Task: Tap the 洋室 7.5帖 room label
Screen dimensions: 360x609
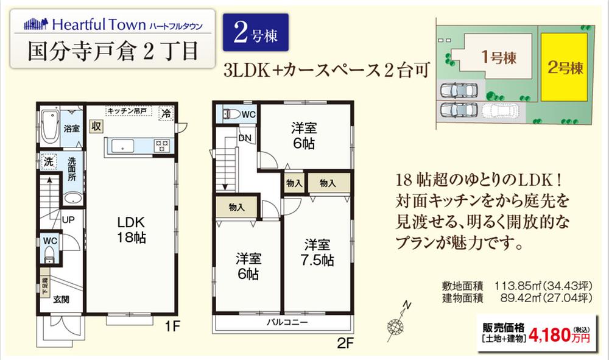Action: pyautogui.click(x=318, y=252)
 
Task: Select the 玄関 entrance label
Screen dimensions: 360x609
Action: pyautogui.click(x=61, y=299)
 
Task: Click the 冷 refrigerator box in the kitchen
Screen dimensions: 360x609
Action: pyautogui.click(x=166, y=113)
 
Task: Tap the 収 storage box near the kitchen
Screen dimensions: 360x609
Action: pyautogui.click(x=96, y=126)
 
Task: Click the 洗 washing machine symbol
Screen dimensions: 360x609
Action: pyautogui.click(x=49, y=162)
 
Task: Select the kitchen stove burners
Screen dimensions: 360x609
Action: pyautogui.click(x=163, y=145)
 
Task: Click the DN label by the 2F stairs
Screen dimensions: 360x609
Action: pyautogui.click(x=244, y=138)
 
